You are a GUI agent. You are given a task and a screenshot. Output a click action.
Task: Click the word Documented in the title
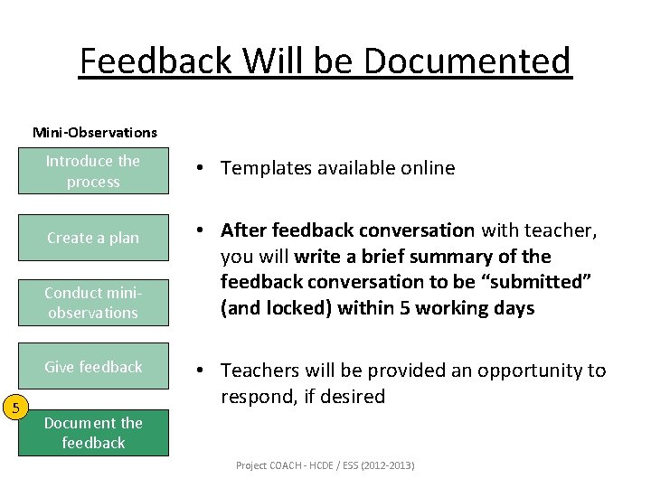coord(468,61)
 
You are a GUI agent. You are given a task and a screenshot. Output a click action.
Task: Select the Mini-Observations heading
coord(95,132)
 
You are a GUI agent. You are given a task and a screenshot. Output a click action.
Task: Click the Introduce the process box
coord(93,172)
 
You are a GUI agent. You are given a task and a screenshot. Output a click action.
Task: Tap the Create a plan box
coord(93,238)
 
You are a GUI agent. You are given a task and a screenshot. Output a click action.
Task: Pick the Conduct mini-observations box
coord(93,303)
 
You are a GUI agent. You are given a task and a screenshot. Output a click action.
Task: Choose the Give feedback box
coord(93,367)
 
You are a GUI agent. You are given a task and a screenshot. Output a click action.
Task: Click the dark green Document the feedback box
coord(93,433)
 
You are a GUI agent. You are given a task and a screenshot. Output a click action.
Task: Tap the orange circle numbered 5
coord(15,408)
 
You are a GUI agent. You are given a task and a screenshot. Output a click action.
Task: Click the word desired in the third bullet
coord(354,397)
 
